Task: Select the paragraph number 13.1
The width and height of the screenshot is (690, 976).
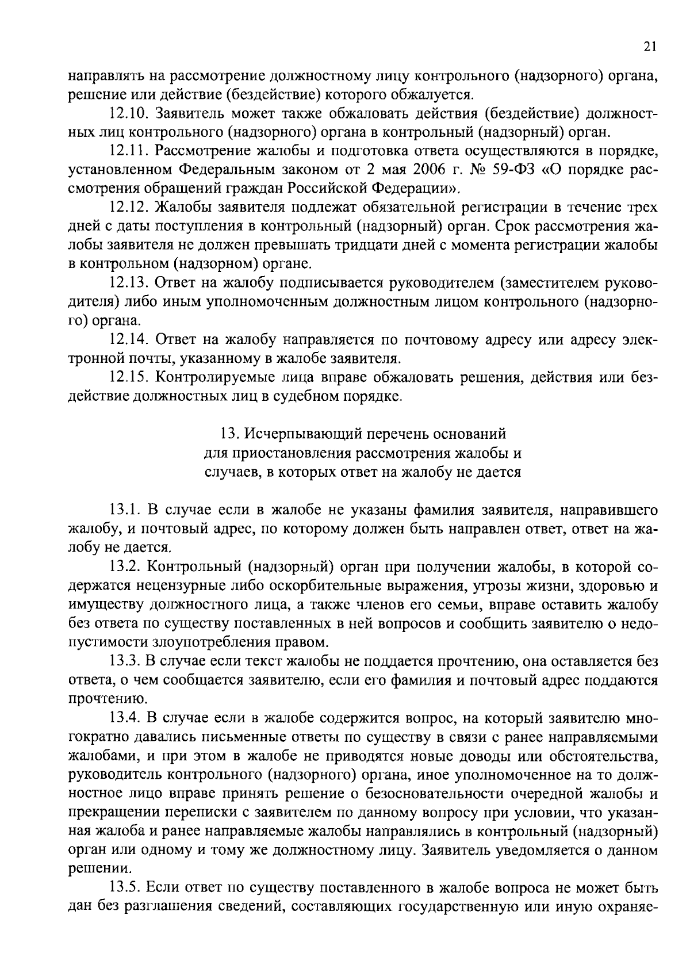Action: [x=125, y=510]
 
